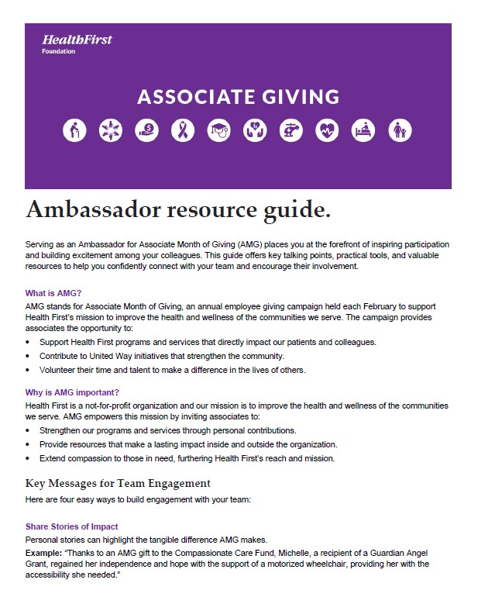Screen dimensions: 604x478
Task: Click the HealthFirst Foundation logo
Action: (76, 43)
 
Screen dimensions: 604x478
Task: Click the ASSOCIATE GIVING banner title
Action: (238, 97)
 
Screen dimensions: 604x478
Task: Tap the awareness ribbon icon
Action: (183, 131)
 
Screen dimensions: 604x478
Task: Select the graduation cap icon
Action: (219, 131)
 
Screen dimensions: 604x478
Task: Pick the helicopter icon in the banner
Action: (291, 131)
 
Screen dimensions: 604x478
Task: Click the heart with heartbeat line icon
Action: (328, 131)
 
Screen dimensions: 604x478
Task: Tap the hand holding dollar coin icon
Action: (146, 131)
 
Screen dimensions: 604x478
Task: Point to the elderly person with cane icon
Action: (74, 131)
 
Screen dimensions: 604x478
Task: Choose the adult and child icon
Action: (400, 131)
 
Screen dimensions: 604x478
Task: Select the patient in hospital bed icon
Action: (363, 131)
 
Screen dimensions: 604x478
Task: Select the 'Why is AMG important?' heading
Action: (72, 392)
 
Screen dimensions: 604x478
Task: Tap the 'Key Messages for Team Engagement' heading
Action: (118, 484)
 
